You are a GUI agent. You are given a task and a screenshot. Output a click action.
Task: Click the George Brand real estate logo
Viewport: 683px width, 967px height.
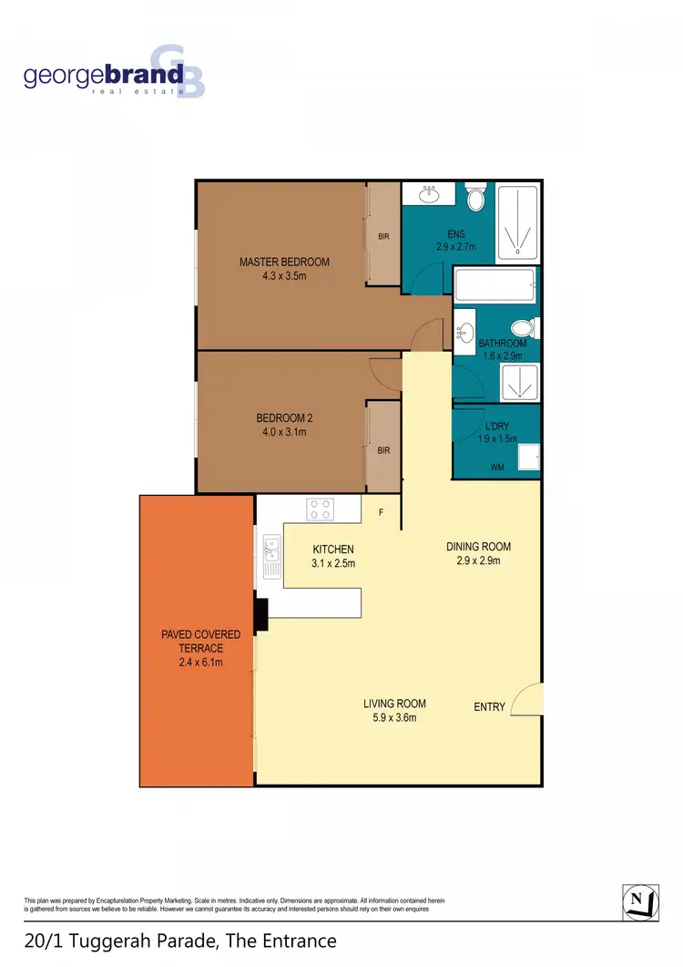(114, 73)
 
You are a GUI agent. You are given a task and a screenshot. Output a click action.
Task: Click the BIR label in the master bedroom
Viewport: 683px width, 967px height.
(384, 237)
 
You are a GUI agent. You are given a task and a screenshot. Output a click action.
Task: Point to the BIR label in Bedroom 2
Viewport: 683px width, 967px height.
(384, 449)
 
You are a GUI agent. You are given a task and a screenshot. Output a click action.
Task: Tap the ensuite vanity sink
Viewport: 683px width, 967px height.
(429, 194)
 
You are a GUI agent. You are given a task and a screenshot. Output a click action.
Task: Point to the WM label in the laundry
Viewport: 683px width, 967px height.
(497, 468)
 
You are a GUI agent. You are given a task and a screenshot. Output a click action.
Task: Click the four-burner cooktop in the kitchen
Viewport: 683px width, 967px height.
(320, 509)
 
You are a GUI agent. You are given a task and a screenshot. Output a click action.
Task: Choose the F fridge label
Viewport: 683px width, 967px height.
(382, 512)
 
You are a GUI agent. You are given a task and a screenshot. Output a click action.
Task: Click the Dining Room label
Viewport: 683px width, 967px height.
(478, 547)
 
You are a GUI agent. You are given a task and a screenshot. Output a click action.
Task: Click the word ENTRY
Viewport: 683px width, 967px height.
(489, 706)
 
